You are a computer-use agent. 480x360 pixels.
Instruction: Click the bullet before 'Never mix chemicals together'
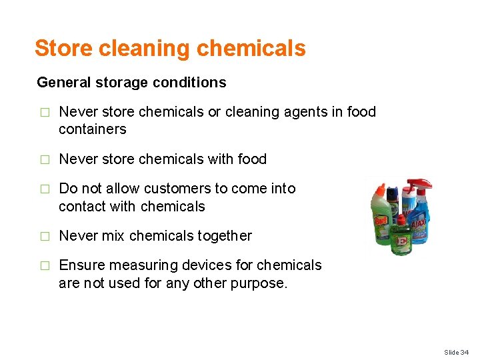click(45, 236)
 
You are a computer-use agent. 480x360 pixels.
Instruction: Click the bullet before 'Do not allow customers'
click(45, 189)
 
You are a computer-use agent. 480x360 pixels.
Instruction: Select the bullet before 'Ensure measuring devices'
click(45, 265)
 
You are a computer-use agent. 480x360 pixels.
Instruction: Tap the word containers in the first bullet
click(92, 129)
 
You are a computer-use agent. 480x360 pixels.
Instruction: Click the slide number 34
click(465, 351)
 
